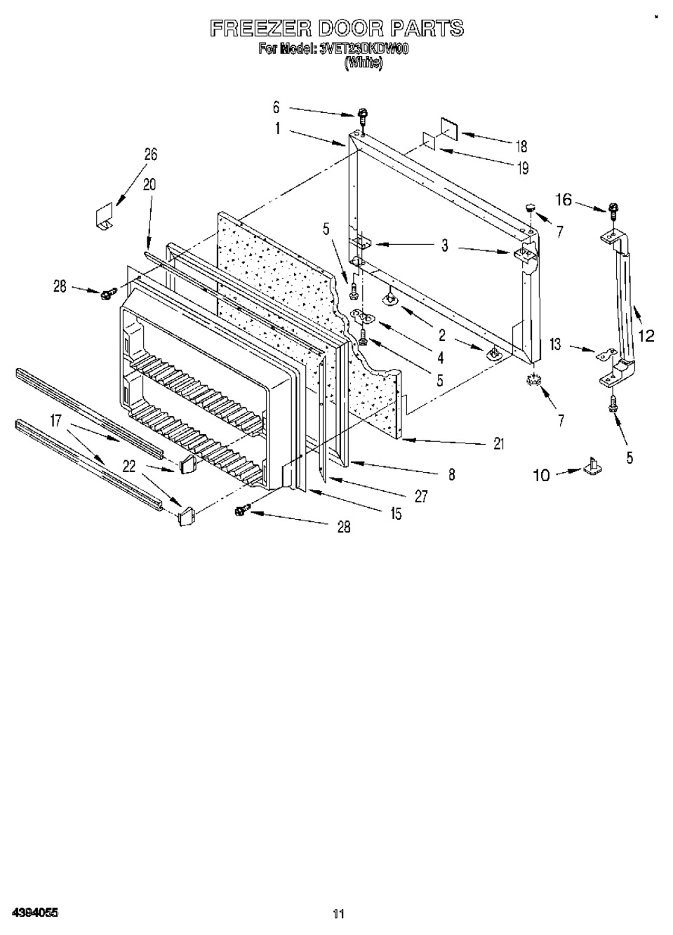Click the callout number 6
pyautogui.click(x=276, y=107)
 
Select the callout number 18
pyautogui.click(x=521, y=147)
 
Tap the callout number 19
pyautogui.click(x=522, y=168)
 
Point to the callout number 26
pyautogui.click(x=151, y=155)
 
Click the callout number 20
pyautogui.click(x=149, y=184)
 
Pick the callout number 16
pyautogui.click(x=564, y=200)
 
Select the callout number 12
pyautogui.click(x=646, y=336)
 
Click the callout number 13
pyautogui.click(x=556, y=344)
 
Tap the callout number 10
pyautogui.click(x=541, y=476)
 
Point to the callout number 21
pyautogui.click(x=499, y=443)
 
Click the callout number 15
pyautogui.click(x=396, y=514)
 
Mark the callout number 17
pyautogui.click(x=56, y=421)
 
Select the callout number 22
pyautogui.click(x=129, y=465)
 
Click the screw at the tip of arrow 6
pyautogui.click(x=363, y=114)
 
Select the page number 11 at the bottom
pyautogui.click(x=338, y=913)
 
